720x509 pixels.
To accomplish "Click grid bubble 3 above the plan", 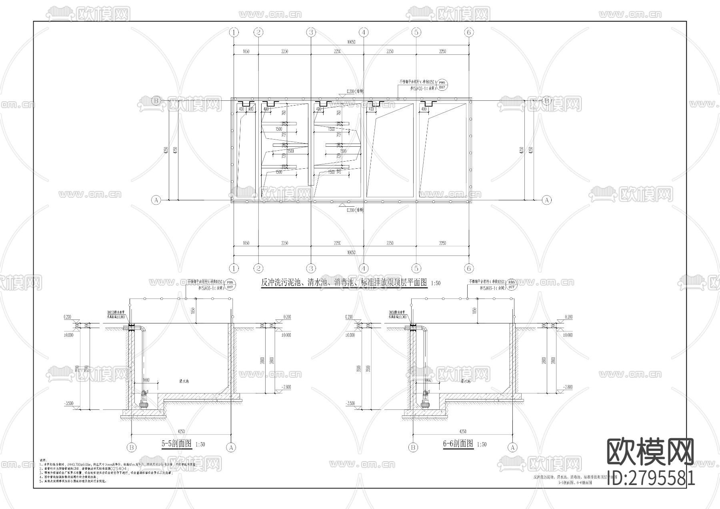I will pos(311,32).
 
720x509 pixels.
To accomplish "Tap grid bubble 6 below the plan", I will pos(469,268).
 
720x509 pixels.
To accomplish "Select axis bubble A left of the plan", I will pos(156,200).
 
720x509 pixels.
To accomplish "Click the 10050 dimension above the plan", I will pos(351,42).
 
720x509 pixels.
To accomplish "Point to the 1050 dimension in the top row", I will pos(246,51).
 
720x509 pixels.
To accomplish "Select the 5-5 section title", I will pos(176,443).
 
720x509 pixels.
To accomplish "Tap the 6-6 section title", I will pos(458,443).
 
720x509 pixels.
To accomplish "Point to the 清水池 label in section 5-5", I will pos(184,381).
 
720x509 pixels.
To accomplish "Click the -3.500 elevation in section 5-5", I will pos(69,404).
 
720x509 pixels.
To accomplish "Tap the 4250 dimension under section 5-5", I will pos(181,431).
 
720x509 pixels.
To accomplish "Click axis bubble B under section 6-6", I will pos(413,447).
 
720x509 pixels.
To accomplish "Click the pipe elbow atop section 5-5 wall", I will pos(143,329).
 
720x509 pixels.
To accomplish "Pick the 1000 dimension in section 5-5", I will pos(146,380).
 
